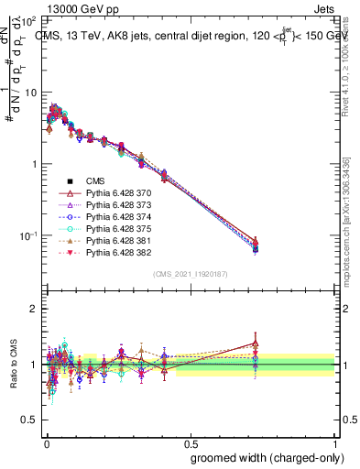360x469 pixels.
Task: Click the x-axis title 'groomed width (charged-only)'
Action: (262, 456)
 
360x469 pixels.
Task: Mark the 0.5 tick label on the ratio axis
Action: (29, 420)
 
